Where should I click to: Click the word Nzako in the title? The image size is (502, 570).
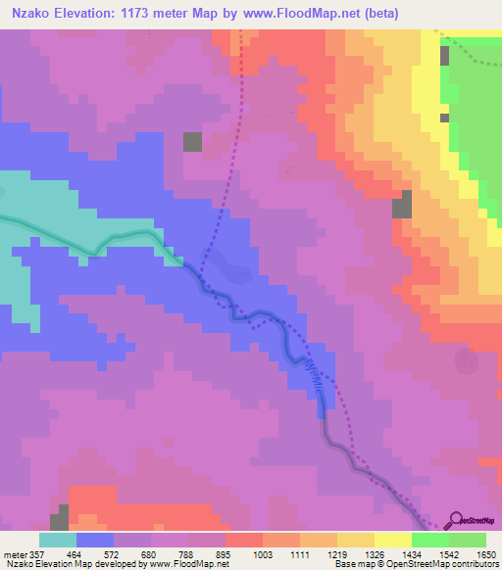pyautogui.click(x=28, y=15)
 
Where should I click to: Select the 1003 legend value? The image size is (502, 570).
pyautogui.click(x=262, y=553)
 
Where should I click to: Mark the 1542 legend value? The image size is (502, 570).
pyautogui.click(x=432, y=553)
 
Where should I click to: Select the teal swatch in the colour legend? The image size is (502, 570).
pyautogui.click(x=58, y=540)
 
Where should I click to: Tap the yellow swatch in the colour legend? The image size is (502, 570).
pyautogui.click(x=392, y=540)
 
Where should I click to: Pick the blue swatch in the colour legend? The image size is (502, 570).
pyautogui.click(x=95, y=540)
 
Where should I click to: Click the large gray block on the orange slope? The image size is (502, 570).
pyautogui.click(x=402, y=205)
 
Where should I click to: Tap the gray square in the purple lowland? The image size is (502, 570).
pyautogui.click(x=192, y=141)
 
